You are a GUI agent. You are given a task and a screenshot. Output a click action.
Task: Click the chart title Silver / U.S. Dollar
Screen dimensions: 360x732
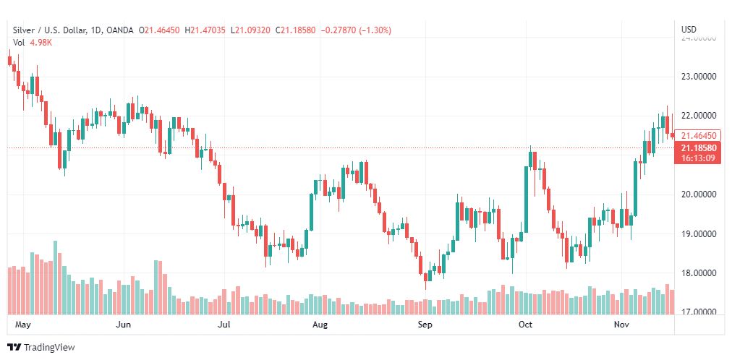click(48, 30)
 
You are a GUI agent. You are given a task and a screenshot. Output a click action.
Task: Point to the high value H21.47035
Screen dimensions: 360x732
click(205, 30)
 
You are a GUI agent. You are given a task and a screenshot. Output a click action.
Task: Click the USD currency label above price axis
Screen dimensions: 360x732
click(689, 30)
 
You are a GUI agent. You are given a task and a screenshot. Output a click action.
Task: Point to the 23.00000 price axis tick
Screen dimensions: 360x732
click(698, 76)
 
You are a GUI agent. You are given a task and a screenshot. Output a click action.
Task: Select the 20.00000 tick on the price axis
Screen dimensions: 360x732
click(698, 194)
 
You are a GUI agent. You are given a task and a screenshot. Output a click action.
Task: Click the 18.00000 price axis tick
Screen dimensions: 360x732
click(698, 273)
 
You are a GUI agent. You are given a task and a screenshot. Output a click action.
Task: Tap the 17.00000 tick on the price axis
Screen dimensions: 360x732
click(698, 312)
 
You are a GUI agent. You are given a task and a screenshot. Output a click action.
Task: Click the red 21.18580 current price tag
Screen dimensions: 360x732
click(697, 148)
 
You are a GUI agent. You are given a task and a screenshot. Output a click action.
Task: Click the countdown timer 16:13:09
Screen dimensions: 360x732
click(697, 158)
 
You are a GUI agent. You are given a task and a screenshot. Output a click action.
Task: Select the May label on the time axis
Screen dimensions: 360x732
click(24, 325)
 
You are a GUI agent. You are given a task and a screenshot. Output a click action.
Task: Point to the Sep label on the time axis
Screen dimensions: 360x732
click(425, 325)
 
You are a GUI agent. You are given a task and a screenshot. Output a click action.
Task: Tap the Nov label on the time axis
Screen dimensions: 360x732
click(622, 325)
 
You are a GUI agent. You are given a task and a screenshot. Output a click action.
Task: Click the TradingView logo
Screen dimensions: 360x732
click(41, 348)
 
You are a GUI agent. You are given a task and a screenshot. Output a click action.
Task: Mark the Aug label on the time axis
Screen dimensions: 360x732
click(320, 325)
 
